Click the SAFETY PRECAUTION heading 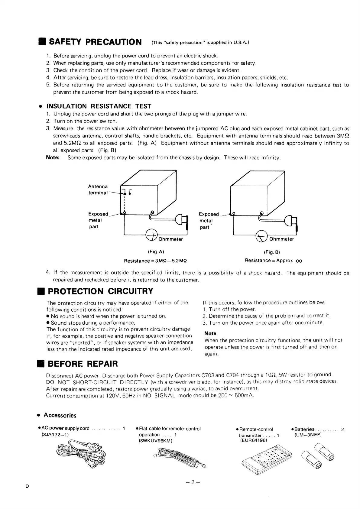pyautogui.click(x=95, y=42)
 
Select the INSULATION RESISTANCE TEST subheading pyautogui.click(x=99, y=106)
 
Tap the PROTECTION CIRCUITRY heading pyautogui.click(x=101, y=291)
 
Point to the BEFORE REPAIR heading pyautogui.click(x=83, y=364)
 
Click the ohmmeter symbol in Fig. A pyautogui.click(x=152, y=235)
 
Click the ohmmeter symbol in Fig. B pyautogui.click(x=261, y=236)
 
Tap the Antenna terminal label pyautogui.click(x=98, y=190)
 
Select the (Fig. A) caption pyautogui.click(x=156, y=252)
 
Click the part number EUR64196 pyautogui.click(x=254, y=440)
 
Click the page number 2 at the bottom pyautogui.click(x=192, y=482)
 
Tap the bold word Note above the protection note pyautogui.click(x=210, y=333)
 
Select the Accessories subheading pyautogui.click(x=60, y=415)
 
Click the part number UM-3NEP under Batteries pyautogui.click(x=308, y=435)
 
